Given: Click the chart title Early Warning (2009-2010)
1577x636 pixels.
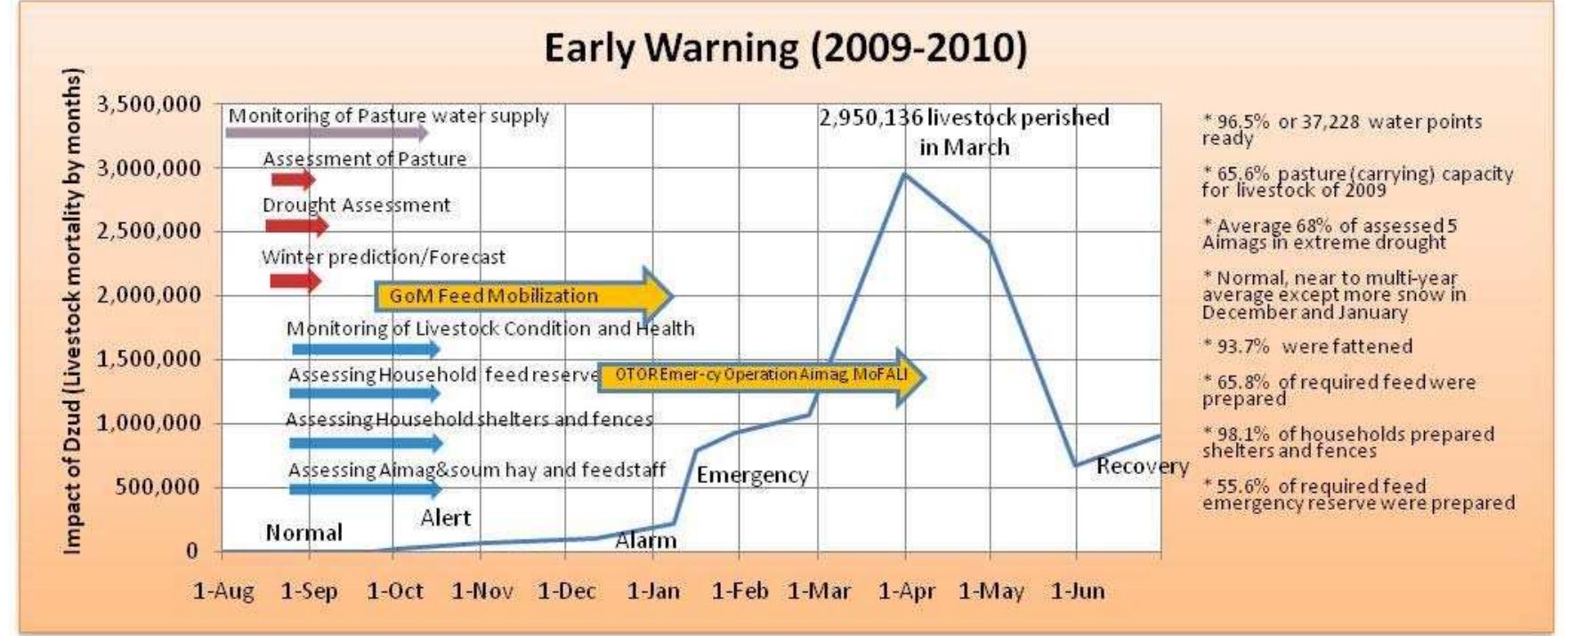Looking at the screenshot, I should tap(785, 48).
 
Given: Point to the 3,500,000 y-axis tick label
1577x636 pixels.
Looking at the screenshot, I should tap(149, 105).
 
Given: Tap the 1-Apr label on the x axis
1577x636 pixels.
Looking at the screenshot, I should tap(907, 592).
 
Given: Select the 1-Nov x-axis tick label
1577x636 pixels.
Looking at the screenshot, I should tap(481, 592).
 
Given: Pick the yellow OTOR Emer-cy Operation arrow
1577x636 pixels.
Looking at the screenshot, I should tap(761, 375).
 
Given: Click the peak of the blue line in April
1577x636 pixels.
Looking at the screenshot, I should tap(905, 173).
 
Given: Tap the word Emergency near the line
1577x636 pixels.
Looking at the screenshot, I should tap(752, 476).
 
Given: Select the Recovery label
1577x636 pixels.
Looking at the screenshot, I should tap(1142, 466).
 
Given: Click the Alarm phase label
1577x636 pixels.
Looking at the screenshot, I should tap(646, 540).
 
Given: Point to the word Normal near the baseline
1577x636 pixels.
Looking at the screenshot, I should tap(303, 533).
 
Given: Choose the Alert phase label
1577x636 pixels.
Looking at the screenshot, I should tap(445, 518).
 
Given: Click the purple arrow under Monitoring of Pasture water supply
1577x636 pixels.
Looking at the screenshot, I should tap(326, 133).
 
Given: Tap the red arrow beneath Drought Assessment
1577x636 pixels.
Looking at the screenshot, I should tap(296, 226).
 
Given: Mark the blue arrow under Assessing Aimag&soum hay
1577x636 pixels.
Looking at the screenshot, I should tap(365, 489).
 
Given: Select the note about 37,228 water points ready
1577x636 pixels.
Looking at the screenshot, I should tap(1341, 130).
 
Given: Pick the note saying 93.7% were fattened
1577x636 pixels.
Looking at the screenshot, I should tap(1306, 347).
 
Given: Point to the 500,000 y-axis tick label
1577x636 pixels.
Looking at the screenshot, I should tap(158, 487).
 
